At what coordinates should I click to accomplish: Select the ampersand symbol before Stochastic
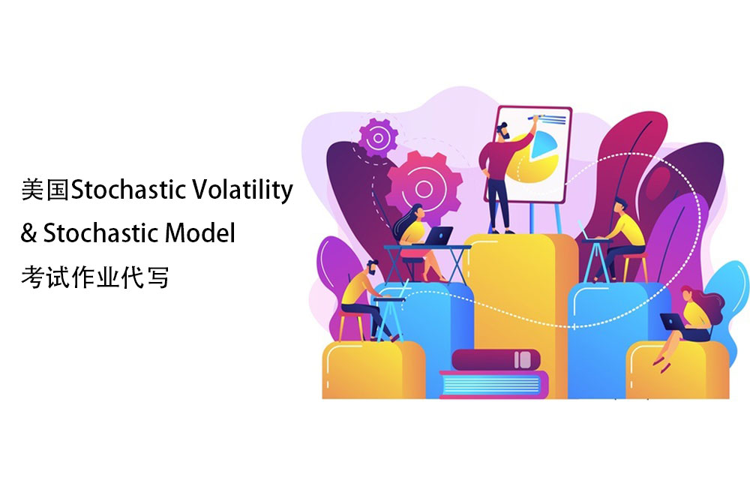(28, 233)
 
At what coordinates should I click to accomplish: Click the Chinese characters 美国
(46, 190)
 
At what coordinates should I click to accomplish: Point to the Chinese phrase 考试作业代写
(94, 277)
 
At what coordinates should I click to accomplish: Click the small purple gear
(378, 138)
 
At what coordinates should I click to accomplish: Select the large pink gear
(424, 188)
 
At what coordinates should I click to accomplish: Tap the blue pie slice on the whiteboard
(544, 143)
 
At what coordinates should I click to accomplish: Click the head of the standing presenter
(503, 130)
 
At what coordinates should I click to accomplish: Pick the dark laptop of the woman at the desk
(438, 236)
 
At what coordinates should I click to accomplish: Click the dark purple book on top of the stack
(496, 360)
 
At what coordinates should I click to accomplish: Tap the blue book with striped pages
(493, 385)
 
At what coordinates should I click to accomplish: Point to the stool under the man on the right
(635, 267)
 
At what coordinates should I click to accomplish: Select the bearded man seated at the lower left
(366, 300)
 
